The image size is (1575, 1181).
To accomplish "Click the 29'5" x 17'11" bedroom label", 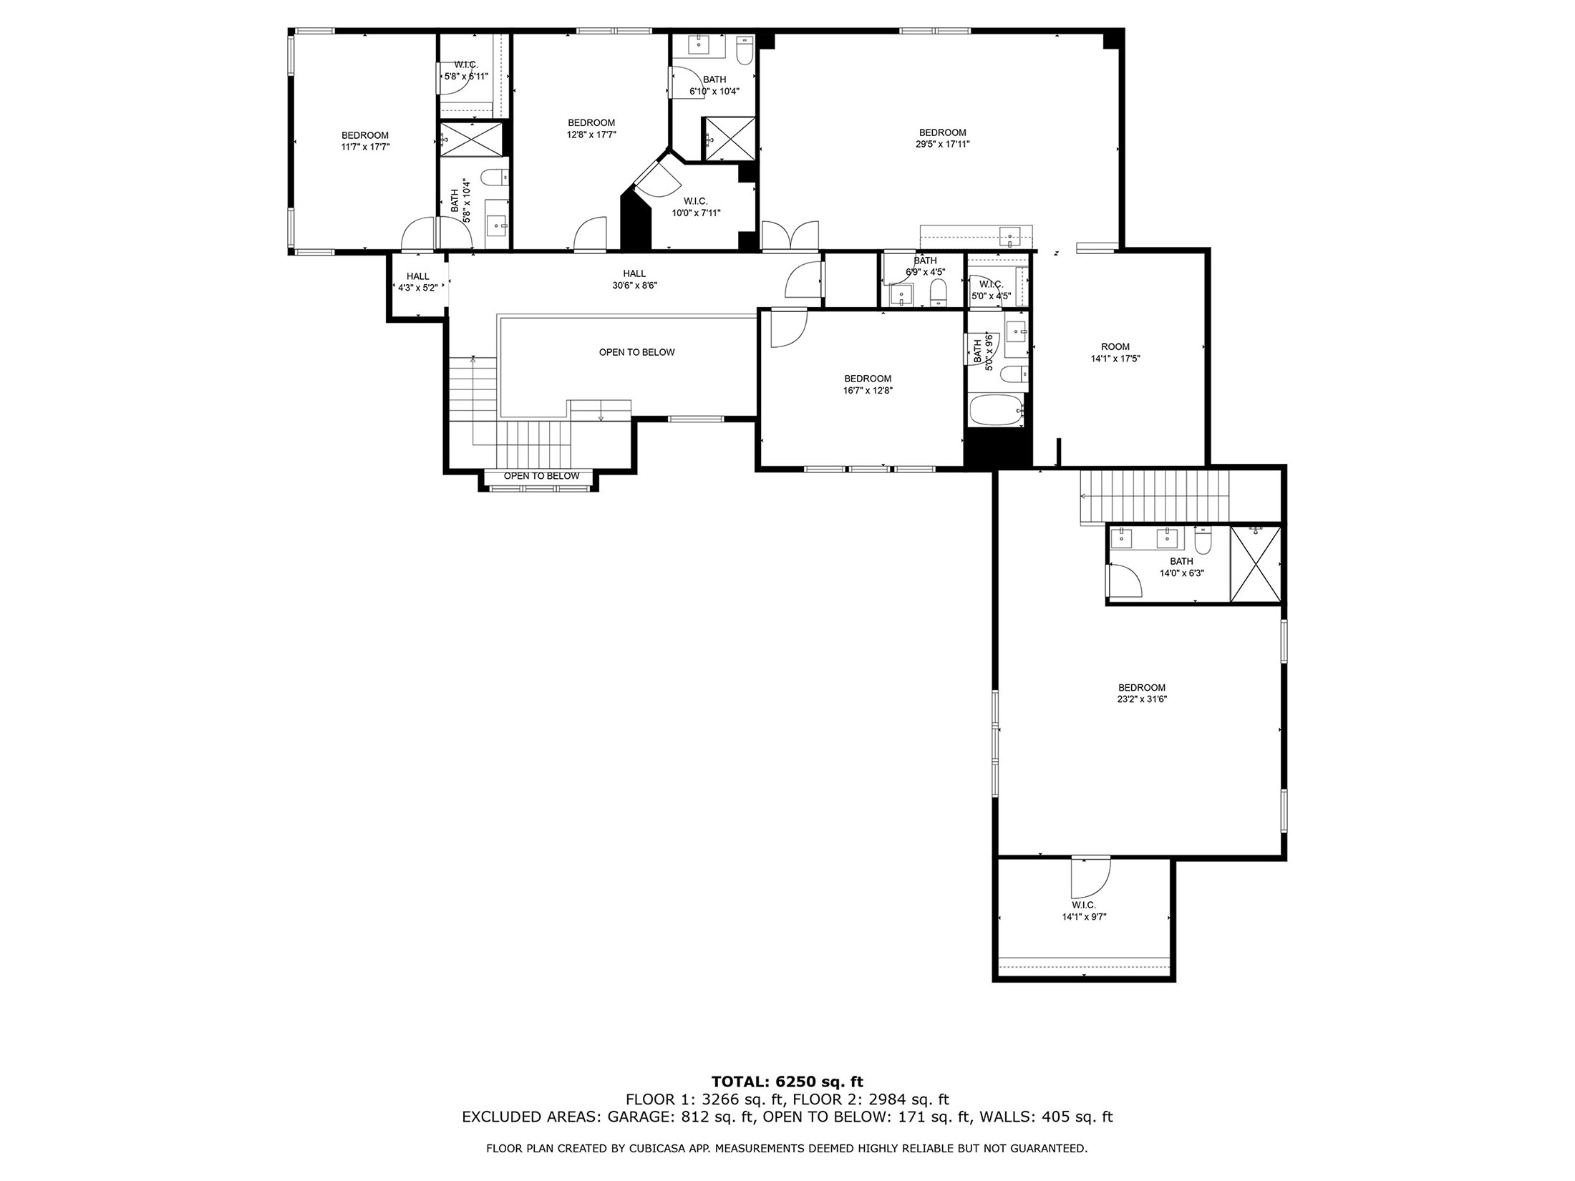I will pyautogui.click(x=942, y=138).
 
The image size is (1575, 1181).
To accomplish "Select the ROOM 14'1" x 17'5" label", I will pyautogui.click(x=1115, y=353).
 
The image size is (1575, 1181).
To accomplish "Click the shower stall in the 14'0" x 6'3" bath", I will pyautogui.click(x=1256, y=563).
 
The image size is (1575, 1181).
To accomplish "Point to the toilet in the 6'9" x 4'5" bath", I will pyautogui.click(x=938, y=292).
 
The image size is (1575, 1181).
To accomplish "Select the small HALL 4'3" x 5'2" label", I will pyautogui.click(x=417, y=282).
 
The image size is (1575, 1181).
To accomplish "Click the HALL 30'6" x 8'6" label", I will pyautogui.click(x=634, y=279).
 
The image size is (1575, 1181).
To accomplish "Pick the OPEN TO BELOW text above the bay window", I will pyautogui.click(x=541, y=476).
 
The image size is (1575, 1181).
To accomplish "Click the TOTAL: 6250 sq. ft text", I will pyautogui.click(x=787, y=1082).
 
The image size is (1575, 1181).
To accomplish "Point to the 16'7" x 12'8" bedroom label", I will pyautogui.click(x=868, y=384).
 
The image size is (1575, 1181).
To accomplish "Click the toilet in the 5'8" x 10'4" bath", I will pyautogui.click(x=494, y=177).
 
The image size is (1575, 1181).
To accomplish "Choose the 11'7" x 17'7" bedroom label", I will pyautogui.click(x=365, y=141).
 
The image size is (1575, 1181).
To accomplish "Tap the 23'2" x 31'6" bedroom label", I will pyautogui.click(x=1142, y=693).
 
